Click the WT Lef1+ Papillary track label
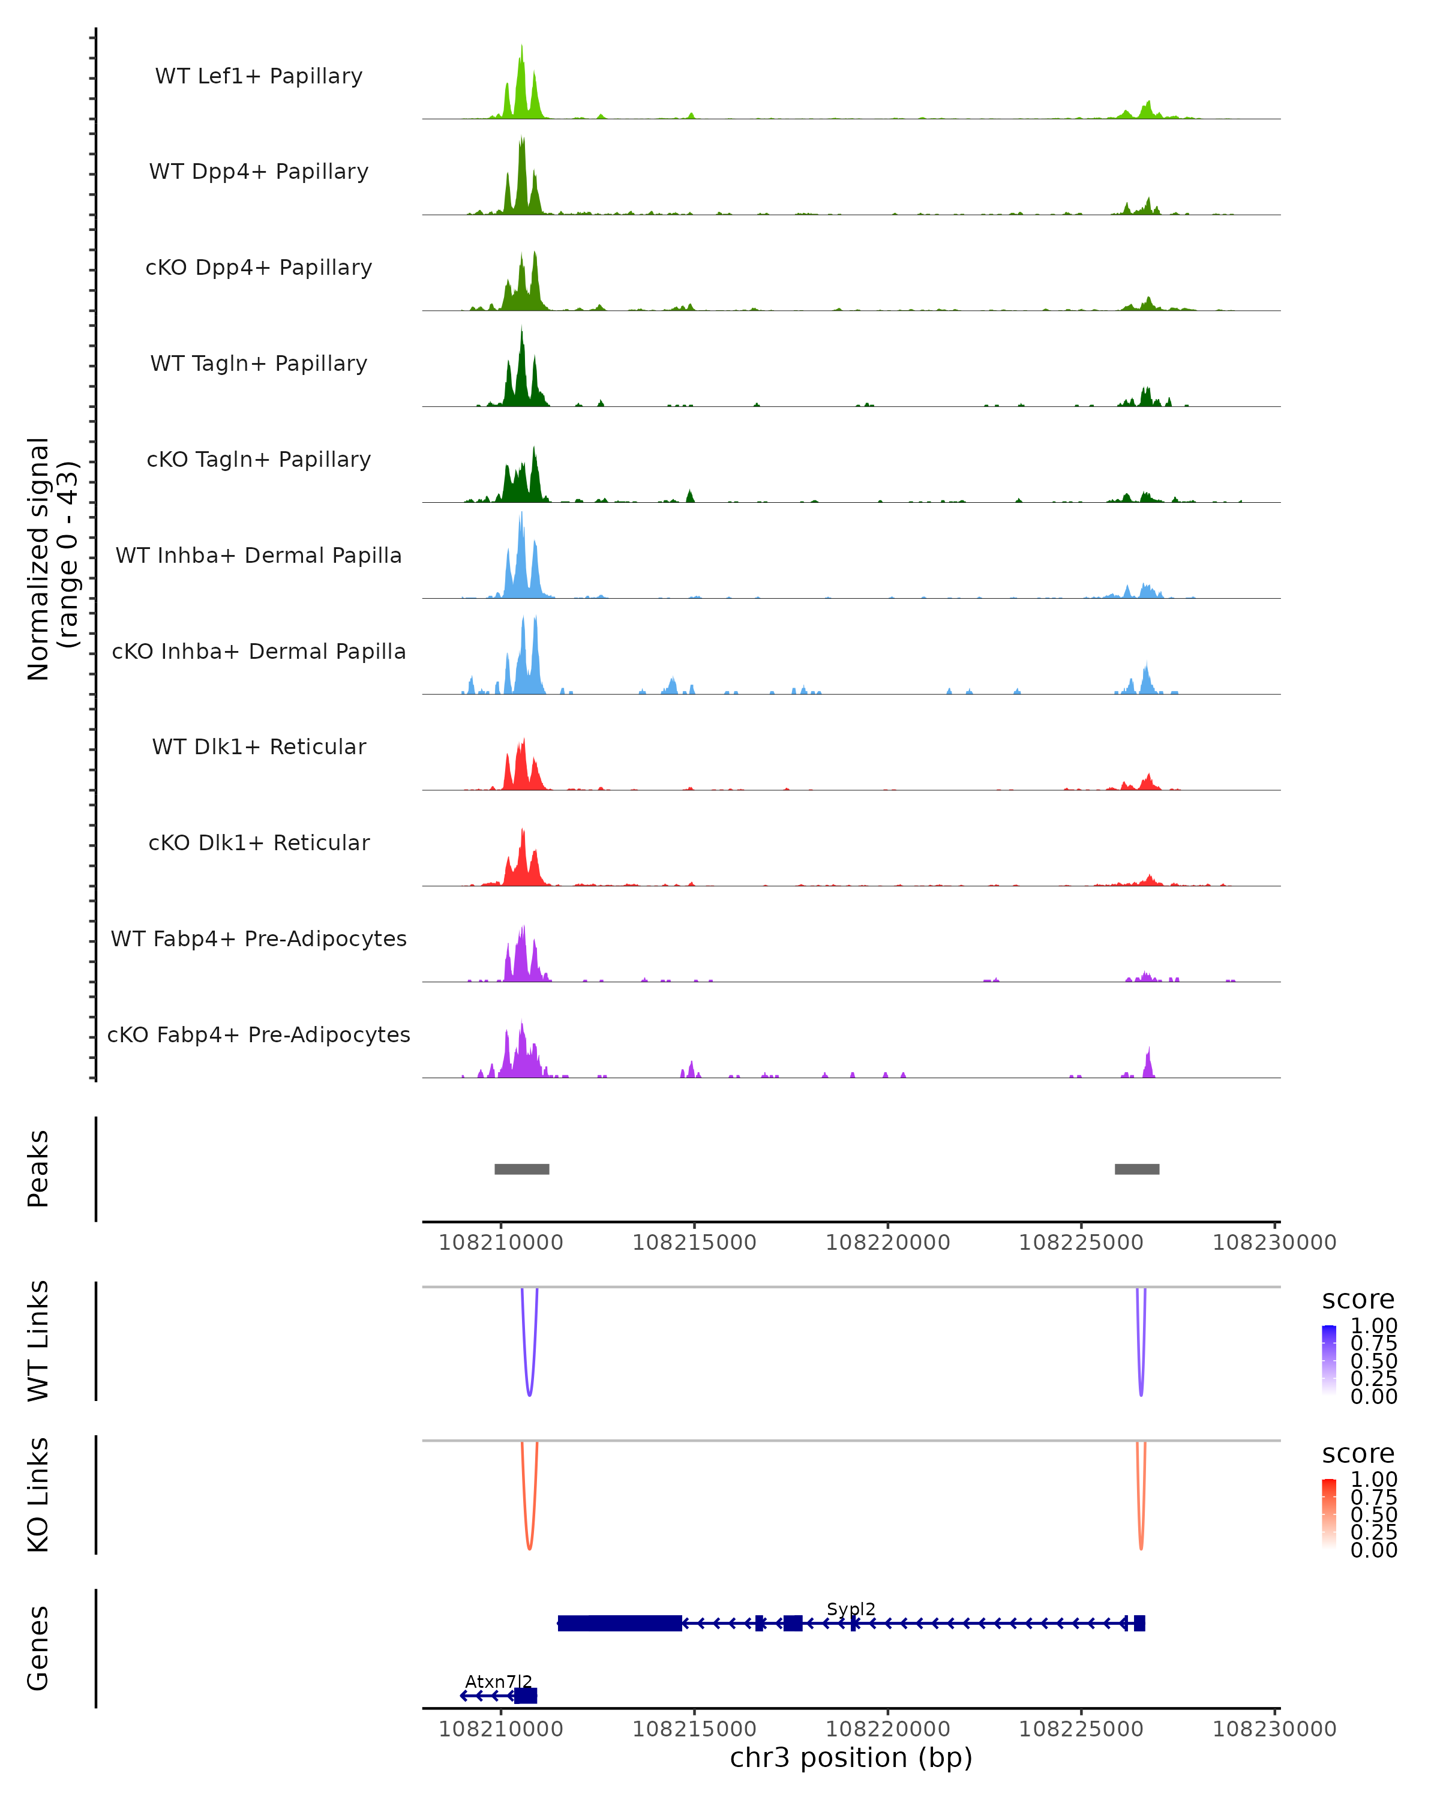(259, 76)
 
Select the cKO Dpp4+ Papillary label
(259, 267)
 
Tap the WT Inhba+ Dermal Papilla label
(259, 555)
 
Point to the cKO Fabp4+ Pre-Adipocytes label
(259, 1034)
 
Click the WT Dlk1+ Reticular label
(259, 746)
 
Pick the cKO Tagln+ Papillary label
(259, 459)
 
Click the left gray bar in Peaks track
(522, 1169)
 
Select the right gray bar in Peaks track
(1137, 1169)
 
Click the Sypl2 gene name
(851, 1609)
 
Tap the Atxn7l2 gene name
(499, 1681)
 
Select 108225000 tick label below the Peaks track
(1081, 1243)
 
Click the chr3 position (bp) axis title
(851, 1758)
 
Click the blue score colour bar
(1329, 1359)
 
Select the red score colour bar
(1329, 1513)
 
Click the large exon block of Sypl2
(619, 1623)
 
